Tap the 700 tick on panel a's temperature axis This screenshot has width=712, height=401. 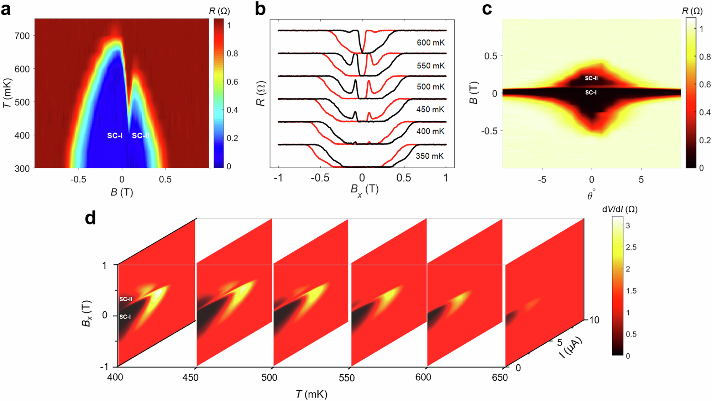[x=22, y=36]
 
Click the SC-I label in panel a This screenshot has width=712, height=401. [x=115, y=136]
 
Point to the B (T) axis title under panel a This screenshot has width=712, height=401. [x=121, y=192]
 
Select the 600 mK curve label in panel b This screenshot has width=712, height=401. [x=430, y=43]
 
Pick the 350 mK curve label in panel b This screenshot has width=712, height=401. [x=429, y=156]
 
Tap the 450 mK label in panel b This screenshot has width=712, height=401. [x=430, y=110]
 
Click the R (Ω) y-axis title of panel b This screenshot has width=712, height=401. [x=261, y=94]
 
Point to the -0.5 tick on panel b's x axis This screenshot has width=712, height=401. [x=319, y=178]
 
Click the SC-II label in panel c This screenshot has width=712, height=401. [x=591, y=78]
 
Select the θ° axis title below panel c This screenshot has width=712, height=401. [x=591, y=195]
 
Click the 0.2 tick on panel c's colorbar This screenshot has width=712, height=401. [x=705, y=140]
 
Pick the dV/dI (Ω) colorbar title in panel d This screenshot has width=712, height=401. [x=619, y=209]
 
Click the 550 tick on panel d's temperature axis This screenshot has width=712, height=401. [x=346, y=378]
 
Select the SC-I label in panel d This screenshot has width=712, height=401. [x=125, y=317]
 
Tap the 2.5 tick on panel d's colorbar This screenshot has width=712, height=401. [x=631, y=247]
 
